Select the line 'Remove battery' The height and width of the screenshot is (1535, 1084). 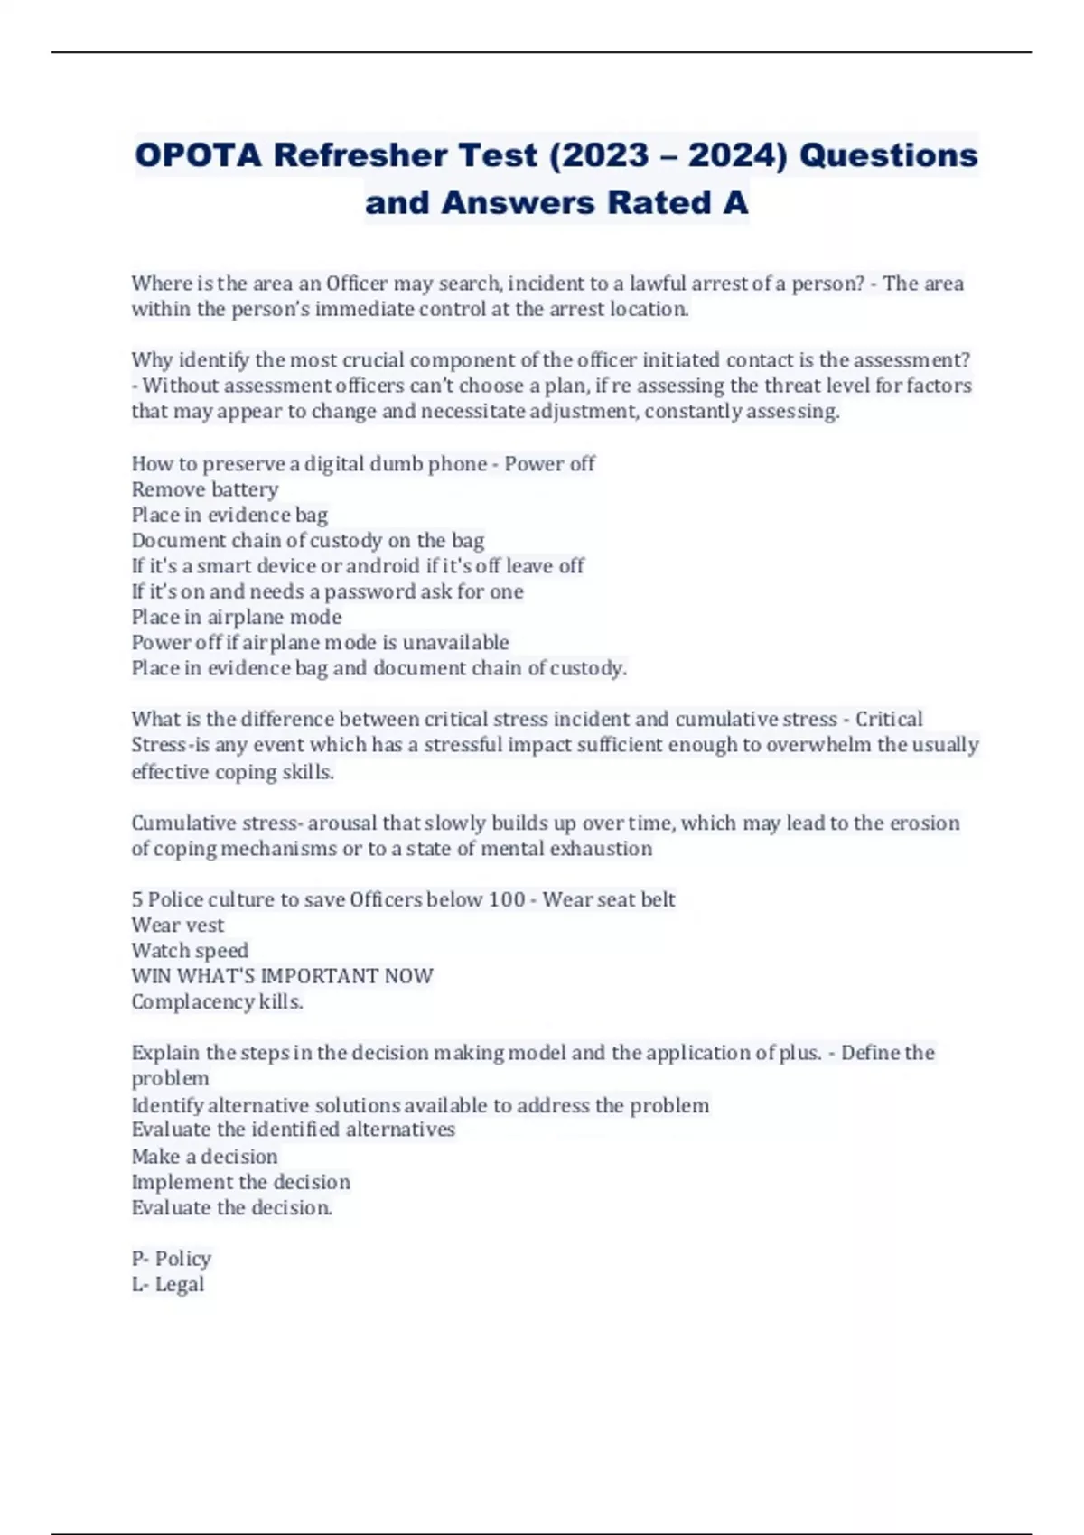205,489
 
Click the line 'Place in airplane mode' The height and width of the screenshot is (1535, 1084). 237,617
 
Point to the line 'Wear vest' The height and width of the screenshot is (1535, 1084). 178,925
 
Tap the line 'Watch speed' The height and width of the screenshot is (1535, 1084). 190,950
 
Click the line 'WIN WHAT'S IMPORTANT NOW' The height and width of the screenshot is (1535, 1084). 282,976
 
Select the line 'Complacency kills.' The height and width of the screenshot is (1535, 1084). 217,1001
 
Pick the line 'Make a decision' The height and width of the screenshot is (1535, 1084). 205,1156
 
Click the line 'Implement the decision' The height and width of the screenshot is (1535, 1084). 241,1182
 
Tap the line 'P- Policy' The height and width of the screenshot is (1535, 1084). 172,1259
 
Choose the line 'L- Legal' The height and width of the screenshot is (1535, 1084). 168,1284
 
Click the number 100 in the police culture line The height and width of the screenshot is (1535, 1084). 506,899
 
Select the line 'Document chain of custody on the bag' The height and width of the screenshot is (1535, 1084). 308,540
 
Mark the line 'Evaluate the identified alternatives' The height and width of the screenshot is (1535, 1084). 294,1130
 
